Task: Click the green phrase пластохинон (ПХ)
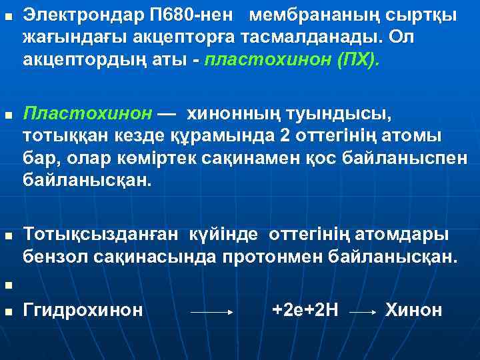pyautogui.click(x=293, y=61)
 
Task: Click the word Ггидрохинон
pyautogui.click(x=83, y=309)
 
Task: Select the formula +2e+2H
pyautogui.click(x=306, y=309)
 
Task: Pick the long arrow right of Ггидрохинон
pyautogui.click(x=211, y=311)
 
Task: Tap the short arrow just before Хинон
pyautogui.click(x=364, y=311)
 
